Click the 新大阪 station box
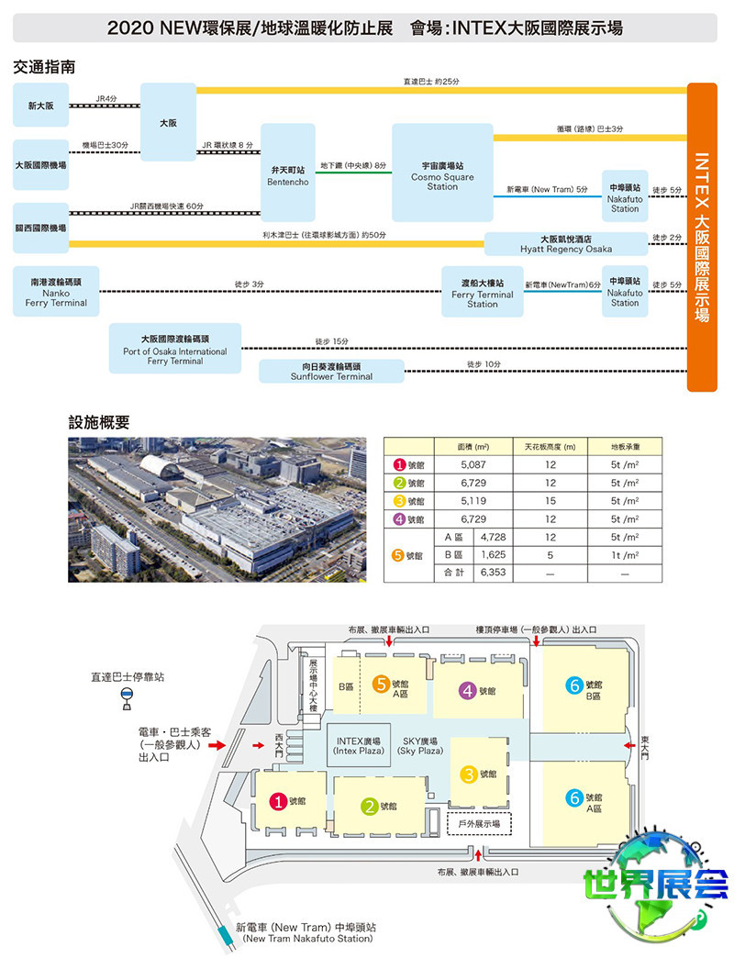(x=40, y=106)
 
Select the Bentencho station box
(x=287, y=172)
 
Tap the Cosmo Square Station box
(x=441, y=172)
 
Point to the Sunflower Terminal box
(x=331, y=371)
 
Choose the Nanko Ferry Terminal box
(x=56, y=292)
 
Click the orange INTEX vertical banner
(x=702, y=237)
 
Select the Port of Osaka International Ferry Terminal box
(x=175, y=349)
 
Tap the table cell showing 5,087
(x=473, y=465)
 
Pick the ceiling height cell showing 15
(x=550, y=501)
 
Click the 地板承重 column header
(x=625, y=446)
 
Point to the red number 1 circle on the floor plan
(x=276, y=801)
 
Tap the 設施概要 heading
(x=99, y=422)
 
